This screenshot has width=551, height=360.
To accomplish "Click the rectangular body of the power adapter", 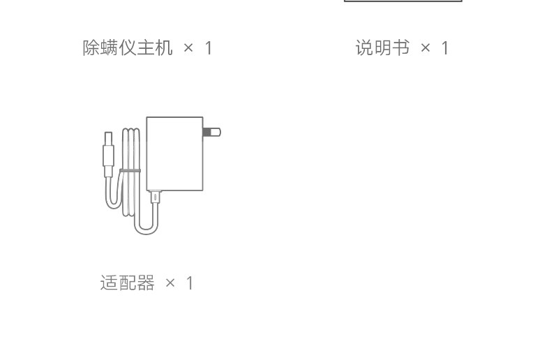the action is point(174,153).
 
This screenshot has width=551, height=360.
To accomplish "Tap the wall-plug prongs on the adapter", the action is point(212,132).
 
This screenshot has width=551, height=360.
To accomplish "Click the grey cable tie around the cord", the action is point(130,170).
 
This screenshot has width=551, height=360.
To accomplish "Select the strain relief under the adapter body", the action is point(156,197).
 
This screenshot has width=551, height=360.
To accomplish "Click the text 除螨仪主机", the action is point(128,48).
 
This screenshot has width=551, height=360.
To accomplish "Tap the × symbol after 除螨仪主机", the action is point(188,48).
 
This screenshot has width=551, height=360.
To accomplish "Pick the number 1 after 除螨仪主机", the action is point(208,48).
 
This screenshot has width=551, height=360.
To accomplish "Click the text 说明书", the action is point(382,48).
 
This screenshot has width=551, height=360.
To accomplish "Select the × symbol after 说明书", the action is point(425,48).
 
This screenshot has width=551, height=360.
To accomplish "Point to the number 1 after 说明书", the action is point(445,48).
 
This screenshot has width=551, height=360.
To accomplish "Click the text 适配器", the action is point(128,283).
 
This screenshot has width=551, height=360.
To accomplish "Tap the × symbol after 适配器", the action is point(171,283).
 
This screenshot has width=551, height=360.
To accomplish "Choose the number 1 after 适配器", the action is point(190,283).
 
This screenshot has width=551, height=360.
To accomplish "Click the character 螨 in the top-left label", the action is point(110,48).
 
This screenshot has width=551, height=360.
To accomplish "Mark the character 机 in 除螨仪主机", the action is point(164,48).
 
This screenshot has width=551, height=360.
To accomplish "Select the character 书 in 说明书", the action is point(400,48).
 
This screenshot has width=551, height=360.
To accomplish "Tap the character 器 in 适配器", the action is point(146,283).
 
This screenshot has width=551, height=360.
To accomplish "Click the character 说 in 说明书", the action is point(364,48).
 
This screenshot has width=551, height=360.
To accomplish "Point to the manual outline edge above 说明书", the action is point(403,1).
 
